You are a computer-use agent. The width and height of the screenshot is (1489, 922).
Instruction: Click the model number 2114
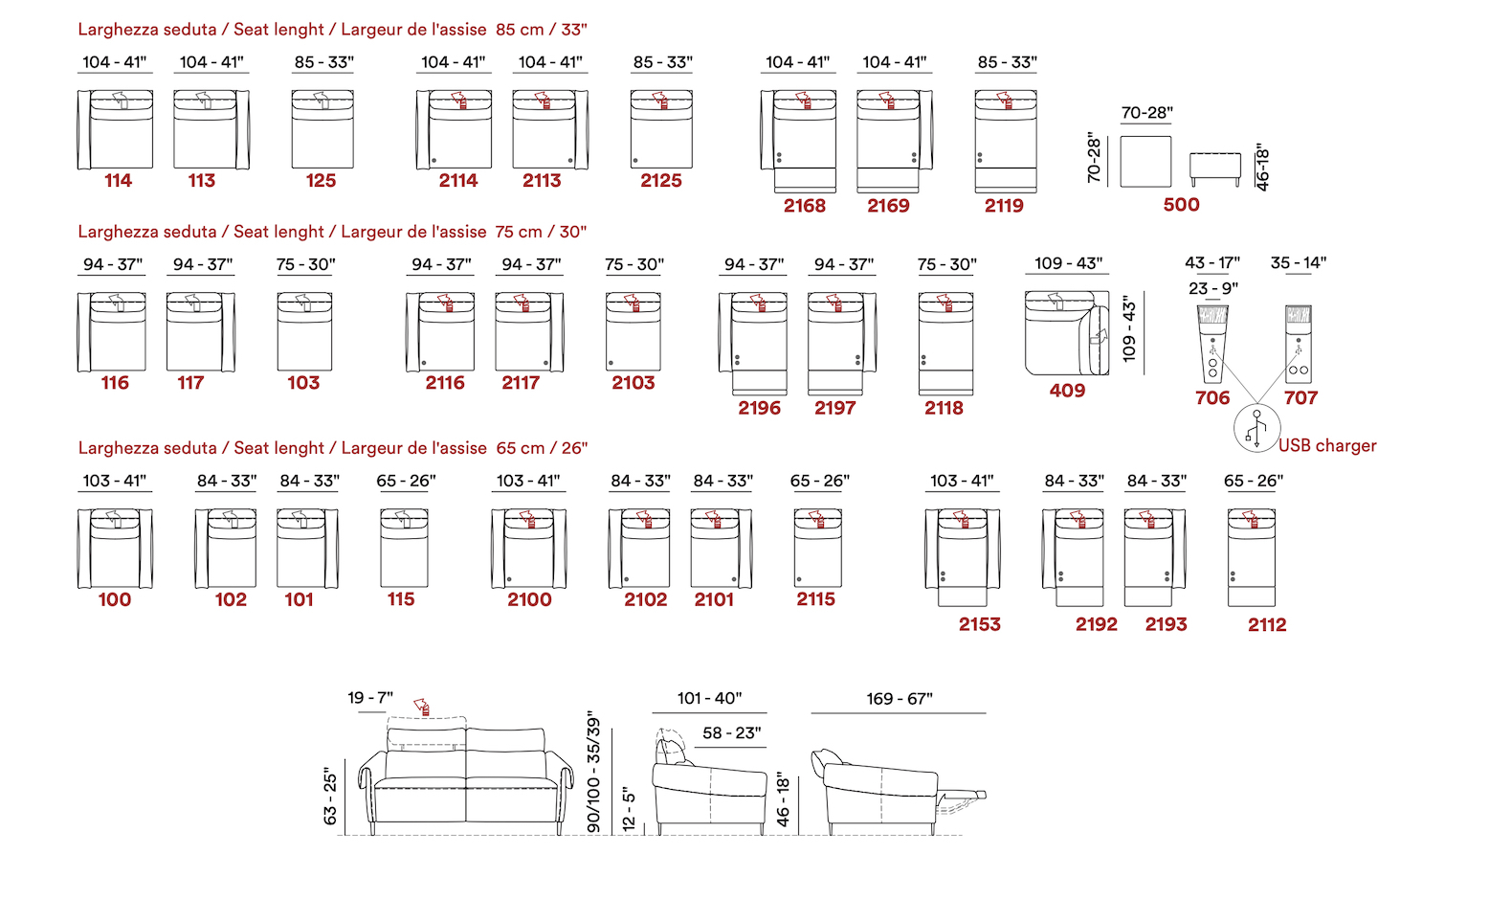pos(458,180)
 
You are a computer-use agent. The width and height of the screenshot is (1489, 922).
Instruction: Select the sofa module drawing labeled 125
pos(322,129)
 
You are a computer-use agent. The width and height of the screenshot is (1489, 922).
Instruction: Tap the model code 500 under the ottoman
pos(1181,204)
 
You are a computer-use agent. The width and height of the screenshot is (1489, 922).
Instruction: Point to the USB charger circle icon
pos(1257,428)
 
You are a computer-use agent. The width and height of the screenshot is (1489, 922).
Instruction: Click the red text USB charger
pos(1327,446)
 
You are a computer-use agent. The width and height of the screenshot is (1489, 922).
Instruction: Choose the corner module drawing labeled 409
pos(1067,332)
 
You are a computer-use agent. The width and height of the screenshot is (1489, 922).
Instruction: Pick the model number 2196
pos(759,408)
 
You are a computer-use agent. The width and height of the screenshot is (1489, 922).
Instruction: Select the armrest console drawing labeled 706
pos(1212,344)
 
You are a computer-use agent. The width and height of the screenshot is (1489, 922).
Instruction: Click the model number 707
pos(1300,397)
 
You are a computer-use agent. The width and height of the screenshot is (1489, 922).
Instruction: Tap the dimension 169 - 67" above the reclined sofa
pos(900,699)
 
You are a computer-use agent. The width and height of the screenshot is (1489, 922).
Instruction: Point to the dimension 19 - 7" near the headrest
pos(370,698)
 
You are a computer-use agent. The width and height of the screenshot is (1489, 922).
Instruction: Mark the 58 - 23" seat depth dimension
pos(732,733)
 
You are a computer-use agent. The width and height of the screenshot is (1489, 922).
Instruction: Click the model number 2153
pos(979,624)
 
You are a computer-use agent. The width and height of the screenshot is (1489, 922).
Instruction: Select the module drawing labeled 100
pos(115,549)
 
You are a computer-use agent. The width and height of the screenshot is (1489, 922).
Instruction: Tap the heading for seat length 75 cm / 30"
pos(332,232)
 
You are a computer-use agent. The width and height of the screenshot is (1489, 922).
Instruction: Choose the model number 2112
pos(1267,624)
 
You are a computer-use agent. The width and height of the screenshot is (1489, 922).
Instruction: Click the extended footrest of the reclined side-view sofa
pos(961,795)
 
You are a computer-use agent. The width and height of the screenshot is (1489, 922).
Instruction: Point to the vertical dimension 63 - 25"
pos(330,799)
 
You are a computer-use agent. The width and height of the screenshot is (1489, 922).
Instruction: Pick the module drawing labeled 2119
pos(1006,141)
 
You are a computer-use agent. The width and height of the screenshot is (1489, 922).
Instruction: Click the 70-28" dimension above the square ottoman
pos(1146,113)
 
